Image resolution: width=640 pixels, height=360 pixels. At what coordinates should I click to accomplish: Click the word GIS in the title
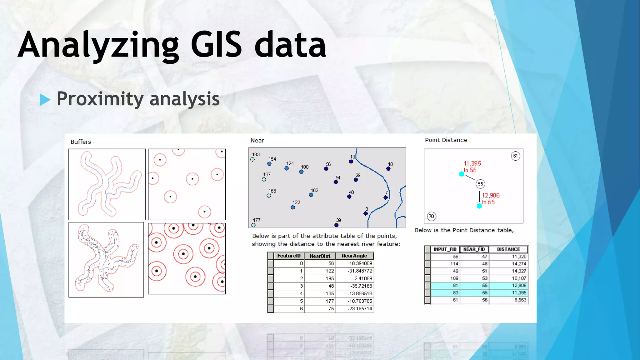[x=216, y=45]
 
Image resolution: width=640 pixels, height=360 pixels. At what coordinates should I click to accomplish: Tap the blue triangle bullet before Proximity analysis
[x=45, y=100]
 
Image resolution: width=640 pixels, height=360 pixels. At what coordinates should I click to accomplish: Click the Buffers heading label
[x=81, y=142]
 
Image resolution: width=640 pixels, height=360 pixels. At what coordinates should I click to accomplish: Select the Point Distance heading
[x=446, y=140]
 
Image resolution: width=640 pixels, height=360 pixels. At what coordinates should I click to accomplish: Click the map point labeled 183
[x=252, y=159]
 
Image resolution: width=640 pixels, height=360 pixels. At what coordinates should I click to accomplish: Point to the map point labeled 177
[x=253, y=225]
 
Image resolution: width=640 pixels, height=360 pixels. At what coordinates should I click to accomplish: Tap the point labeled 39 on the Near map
[x=336, y=225]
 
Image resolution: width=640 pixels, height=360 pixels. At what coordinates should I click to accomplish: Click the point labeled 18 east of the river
[x=388, y=169]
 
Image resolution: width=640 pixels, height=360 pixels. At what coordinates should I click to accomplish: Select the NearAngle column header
[x=354, y=256]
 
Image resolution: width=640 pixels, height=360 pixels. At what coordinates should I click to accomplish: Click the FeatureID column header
[x=288, y=256]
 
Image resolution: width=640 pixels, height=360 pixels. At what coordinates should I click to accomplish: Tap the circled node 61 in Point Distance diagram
[x=515, y=156]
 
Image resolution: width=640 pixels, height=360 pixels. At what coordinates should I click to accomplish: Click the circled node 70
[x=431, y=216]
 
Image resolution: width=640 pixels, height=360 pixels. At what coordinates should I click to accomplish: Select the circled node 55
[x=480, y=184]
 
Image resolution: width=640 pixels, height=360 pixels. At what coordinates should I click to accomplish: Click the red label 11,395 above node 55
[x=472, y=163]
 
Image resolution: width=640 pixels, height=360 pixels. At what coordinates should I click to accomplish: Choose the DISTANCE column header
[x=508, y=249]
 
